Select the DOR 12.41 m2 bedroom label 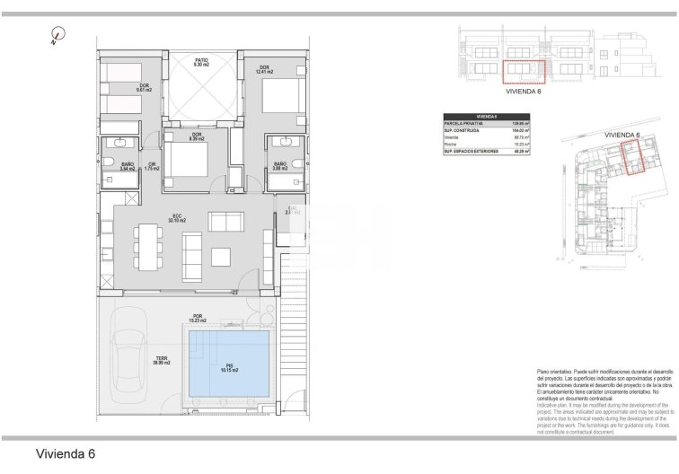click(x=264, y=70)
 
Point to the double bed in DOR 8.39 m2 click(x=185, y=162)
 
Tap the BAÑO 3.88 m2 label click(x=280, y=166)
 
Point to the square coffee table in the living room click(x=221, y=257)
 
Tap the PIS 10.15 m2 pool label click(x=230, y=367)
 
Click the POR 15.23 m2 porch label click(x=197, y=318)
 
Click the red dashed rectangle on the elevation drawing click(x=523, y=71)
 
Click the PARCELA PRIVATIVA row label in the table click(x=463, y=124)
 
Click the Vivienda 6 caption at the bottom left click(x=65, y=454)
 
